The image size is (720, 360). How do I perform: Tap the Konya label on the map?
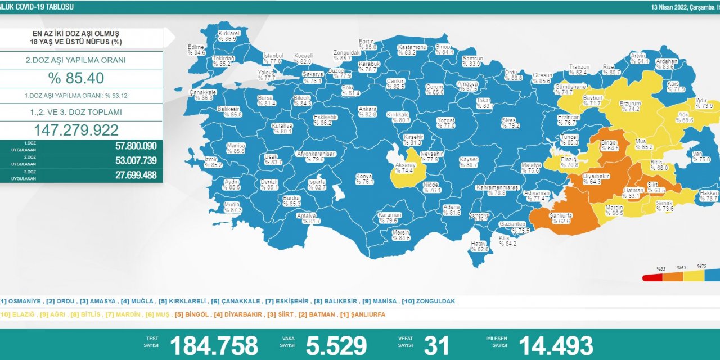point(364,179)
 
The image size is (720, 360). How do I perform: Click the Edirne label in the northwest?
point(196,49)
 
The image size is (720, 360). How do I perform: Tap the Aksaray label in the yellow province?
point(405,167)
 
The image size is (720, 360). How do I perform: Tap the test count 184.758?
point(214,345)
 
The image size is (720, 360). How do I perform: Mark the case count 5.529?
point(336,345)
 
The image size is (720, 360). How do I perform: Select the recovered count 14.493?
point(556,345)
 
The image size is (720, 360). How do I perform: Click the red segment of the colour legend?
point(652,277)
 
